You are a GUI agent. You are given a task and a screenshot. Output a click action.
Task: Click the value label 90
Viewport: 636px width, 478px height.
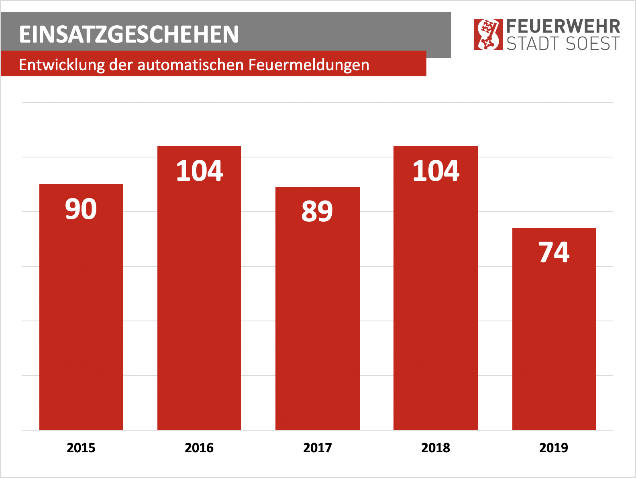(x=81, y=209)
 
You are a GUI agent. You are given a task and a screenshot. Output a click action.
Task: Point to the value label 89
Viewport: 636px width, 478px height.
(x=317, y=212)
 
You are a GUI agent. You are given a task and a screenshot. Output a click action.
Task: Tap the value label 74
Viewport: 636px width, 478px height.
(x=554, y=253)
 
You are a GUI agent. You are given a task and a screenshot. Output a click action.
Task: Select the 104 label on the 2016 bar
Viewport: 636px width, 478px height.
(x=200, y=171)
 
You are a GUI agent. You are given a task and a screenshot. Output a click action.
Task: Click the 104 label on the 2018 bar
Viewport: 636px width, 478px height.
(x=436, y=171)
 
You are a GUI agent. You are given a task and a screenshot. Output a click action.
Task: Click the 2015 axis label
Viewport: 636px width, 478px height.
(x=81, y=447)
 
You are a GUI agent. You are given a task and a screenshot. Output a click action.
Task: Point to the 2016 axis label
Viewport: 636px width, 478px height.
(x=199, y=447)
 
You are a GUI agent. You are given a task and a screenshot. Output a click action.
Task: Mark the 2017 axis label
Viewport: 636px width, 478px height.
(x=318, y=447)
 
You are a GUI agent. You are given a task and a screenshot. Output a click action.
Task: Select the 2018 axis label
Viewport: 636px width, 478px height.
(x=436, y=447)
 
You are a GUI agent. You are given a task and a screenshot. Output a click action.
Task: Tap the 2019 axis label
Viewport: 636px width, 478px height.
(x=554, y=447)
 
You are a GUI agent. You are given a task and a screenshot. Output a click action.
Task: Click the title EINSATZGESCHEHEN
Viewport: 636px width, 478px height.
(x=129, y=35)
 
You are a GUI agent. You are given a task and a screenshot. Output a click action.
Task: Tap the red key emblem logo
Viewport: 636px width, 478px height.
(x=488, y=35)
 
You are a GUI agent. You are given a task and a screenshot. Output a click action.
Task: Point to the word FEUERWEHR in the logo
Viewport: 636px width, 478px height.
(x=563, y=27)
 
